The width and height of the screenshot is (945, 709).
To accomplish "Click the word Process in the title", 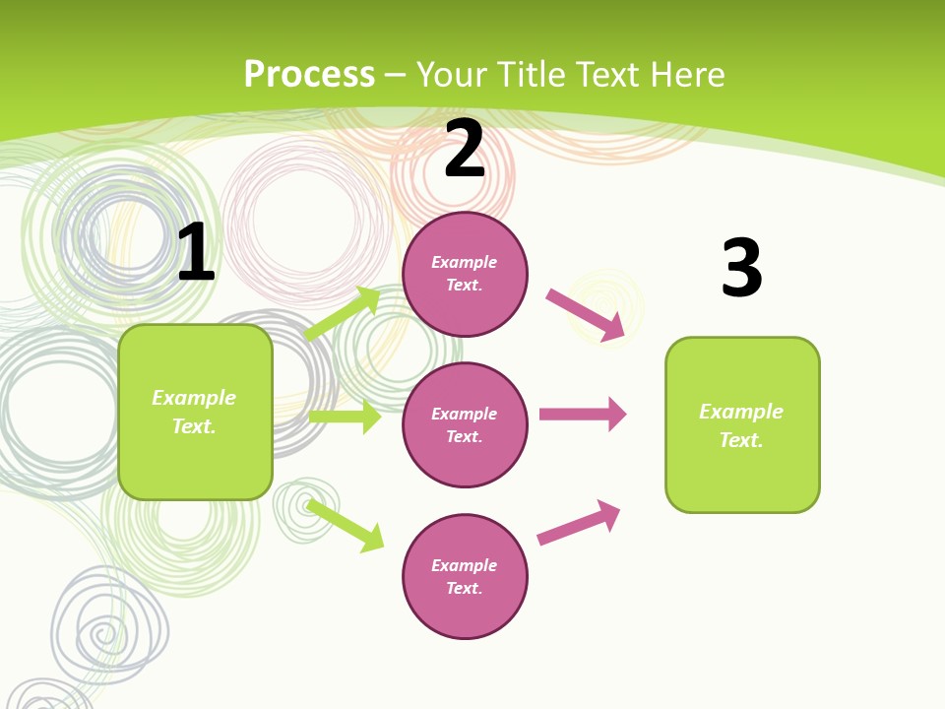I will pyautogui.click(x=309, y=75).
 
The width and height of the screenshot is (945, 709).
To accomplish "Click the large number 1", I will pyautogui.click(x=196, y=253).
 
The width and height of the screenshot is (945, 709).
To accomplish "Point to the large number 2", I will pyautogui.click(x=465, y=150).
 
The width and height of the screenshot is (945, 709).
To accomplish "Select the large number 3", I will pyautogui.click(x=741, y=269).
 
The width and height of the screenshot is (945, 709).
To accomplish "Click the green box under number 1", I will pyautogui.click(x=195, y=412).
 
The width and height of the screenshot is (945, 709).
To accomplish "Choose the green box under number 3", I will pyautogui.click(x=742, y=425).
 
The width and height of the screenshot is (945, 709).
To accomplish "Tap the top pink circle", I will pyautogui.click(x=465, y=274).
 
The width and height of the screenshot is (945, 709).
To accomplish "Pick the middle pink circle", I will pyautogui.click(x=465, y=424).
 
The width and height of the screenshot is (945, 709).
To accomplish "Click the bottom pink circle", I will pyautogui.click(x=465, y=576).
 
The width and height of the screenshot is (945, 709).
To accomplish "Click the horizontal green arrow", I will pyautogui.click(x=345, y=417).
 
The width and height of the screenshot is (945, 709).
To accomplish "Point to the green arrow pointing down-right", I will pyautogui.click(x=346, y=525).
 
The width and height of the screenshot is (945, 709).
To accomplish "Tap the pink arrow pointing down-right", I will pyautogui.click(x=586, y=315).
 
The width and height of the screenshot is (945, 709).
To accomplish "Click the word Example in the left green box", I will pyautogui.click(x=194, y=398).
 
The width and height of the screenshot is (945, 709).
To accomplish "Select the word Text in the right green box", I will pyautogui.click(x=740, y=440).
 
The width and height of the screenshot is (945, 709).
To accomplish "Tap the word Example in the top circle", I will pyautogui.click(x=465, y=262).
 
